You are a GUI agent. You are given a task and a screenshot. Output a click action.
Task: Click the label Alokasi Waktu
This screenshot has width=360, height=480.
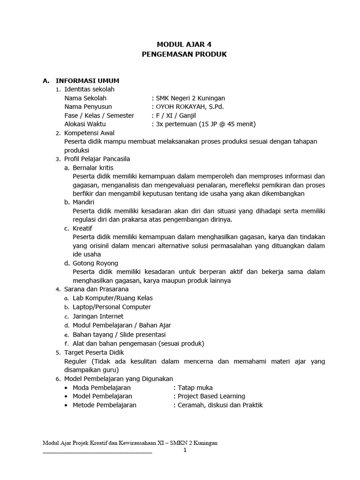point(85,124)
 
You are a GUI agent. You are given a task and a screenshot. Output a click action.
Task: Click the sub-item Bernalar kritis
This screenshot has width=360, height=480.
point(93,167)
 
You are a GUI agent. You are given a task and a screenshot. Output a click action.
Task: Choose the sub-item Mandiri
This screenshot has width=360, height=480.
point(84,202)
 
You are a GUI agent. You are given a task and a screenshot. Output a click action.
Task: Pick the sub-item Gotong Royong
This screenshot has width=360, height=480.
point(95,263)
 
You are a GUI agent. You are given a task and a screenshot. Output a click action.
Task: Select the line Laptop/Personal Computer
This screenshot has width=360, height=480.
point(112,307)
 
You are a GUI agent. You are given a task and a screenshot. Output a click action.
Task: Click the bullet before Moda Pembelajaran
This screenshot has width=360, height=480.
point(67,388)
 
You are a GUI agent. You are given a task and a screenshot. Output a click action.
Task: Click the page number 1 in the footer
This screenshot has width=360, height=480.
point(185,450)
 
